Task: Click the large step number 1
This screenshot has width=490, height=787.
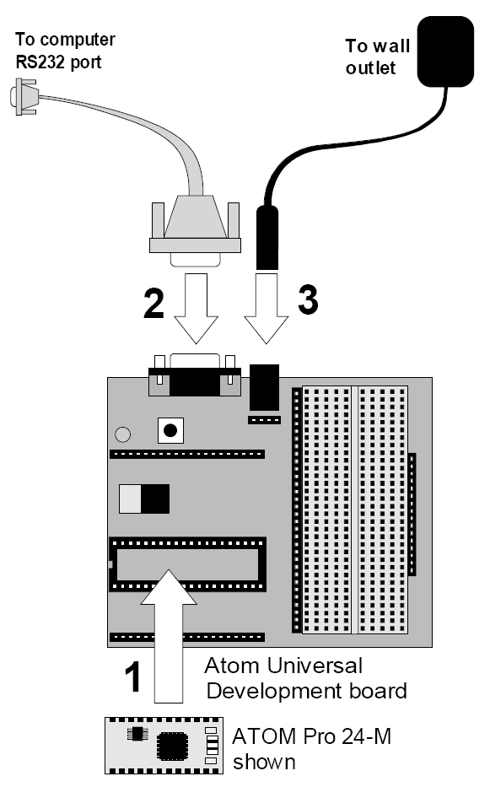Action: click(x=133, y=676)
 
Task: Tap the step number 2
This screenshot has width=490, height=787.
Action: click(x=153, y=303)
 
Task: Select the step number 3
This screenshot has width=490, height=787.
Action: click(x=309, y=299)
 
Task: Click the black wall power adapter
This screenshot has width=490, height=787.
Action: click(x=445, y=51)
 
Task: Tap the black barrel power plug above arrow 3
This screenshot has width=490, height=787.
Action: click(x=267, y=237)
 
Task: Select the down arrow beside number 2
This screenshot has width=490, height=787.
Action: click(x=196, y=308)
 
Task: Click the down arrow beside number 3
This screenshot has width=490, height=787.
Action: click(x=267, y=308)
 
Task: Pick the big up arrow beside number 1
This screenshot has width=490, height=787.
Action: click(x=169, y=636)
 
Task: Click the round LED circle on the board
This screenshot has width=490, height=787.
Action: click(x=122, y=434)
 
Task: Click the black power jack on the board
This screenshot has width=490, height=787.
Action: click(x=264, y=387)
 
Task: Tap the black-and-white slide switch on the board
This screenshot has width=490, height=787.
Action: click(x=144, y=499)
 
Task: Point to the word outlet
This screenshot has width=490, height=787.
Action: click(x=370, y=67)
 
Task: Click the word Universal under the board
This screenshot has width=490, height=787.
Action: click(x=314, y=666)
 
